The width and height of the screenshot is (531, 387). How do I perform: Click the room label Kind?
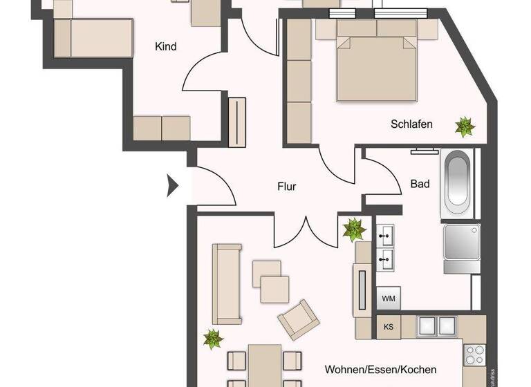[166, 47]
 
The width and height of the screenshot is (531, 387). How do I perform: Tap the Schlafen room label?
[411, 124]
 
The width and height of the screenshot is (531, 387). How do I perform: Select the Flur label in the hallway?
[287, 186]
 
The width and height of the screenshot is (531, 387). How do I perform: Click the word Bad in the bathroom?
[420, 184]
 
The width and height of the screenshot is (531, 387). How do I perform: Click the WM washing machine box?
[388, 299]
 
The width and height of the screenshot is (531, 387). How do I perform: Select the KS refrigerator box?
[388, 327]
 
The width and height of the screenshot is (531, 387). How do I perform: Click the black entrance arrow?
[173, 185]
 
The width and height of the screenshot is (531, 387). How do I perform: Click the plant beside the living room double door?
[355, 229]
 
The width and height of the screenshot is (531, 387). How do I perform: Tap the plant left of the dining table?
[212, 339]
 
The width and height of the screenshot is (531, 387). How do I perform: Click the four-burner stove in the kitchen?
[475, 355]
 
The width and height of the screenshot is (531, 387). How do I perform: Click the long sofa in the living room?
[227, 283]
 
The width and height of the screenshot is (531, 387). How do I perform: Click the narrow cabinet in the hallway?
[237, 122]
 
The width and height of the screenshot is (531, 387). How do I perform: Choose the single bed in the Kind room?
[93, 37]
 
